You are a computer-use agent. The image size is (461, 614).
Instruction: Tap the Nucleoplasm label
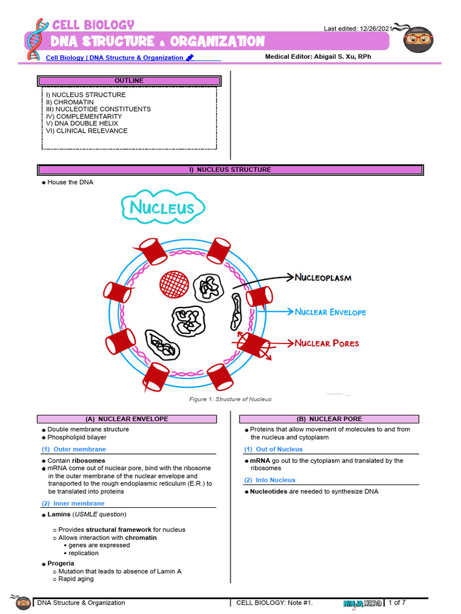coord(323,278)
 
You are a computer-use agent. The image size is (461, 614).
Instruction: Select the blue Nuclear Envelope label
coord(330,312)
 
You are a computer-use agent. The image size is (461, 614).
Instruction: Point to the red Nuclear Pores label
coord(327,344)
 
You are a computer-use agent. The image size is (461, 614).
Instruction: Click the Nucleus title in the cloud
coord(162,209)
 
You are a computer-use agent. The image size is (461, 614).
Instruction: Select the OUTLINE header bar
coord(129,81)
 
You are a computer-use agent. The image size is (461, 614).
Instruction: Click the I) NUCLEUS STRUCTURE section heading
coord(230,170)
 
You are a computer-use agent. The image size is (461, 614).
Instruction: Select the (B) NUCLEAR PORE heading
coord(329,419)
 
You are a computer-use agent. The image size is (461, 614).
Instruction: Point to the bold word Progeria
coord(61,564)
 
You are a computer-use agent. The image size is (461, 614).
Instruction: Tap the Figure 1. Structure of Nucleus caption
coord(230,399)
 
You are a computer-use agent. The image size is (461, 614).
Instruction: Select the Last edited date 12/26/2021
coord(376,28)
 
